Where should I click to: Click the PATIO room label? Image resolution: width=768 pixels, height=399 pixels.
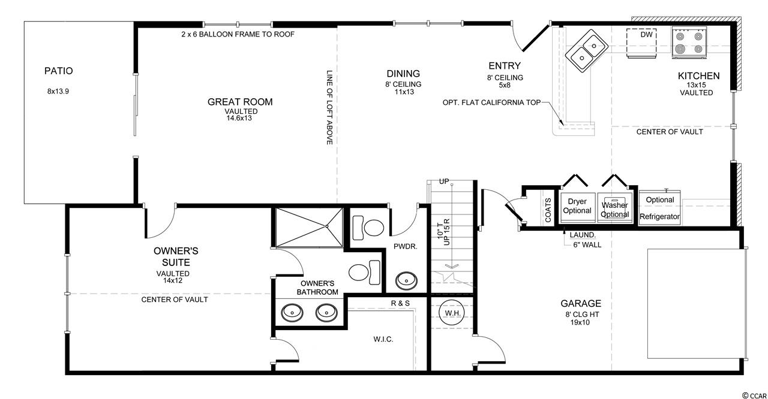[59, 71]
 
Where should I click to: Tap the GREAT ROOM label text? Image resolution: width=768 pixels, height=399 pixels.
[240, 102]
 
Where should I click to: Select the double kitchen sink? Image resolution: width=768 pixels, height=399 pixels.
[587, 52]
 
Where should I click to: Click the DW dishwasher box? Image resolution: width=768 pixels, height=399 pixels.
[641, 44]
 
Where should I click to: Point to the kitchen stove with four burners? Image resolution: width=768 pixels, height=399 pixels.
[689, 43]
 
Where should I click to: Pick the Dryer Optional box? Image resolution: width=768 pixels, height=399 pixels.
[577, 207]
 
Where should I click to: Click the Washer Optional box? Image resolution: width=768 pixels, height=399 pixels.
[615, 207]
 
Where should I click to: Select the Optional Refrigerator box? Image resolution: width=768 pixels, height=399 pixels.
[659, 208]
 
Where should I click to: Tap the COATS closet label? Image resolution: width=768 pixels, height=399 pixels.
[548, 210]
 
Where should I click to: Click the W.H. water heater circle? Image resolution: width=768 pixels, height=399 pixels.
[452, 312]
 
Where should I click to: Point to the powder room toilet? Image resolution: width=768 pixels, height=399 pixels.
[368, 228]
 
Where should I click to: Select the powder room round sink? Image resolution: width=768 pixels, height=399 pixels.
[406, 280]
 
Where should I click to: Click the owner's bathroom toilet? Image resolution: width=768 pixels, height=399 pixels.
[364, 273]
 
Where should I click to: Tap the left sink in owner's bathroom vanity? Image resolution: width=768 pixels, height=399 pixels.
[292, 312]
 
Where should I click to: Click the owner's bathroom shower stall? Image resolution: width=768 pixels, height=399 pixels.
[309, 226]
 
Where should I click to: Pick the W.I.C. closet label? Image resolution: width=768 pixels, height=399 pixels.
[383, 339]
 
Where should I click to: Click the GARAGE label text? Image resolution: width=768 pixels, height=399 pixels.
[581, 304]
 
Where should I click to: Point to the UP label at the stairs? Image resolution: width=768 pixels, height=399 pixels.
[444, 182]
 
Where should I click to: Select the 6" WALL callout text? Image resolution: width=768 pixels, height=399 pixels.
[587, 245]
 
